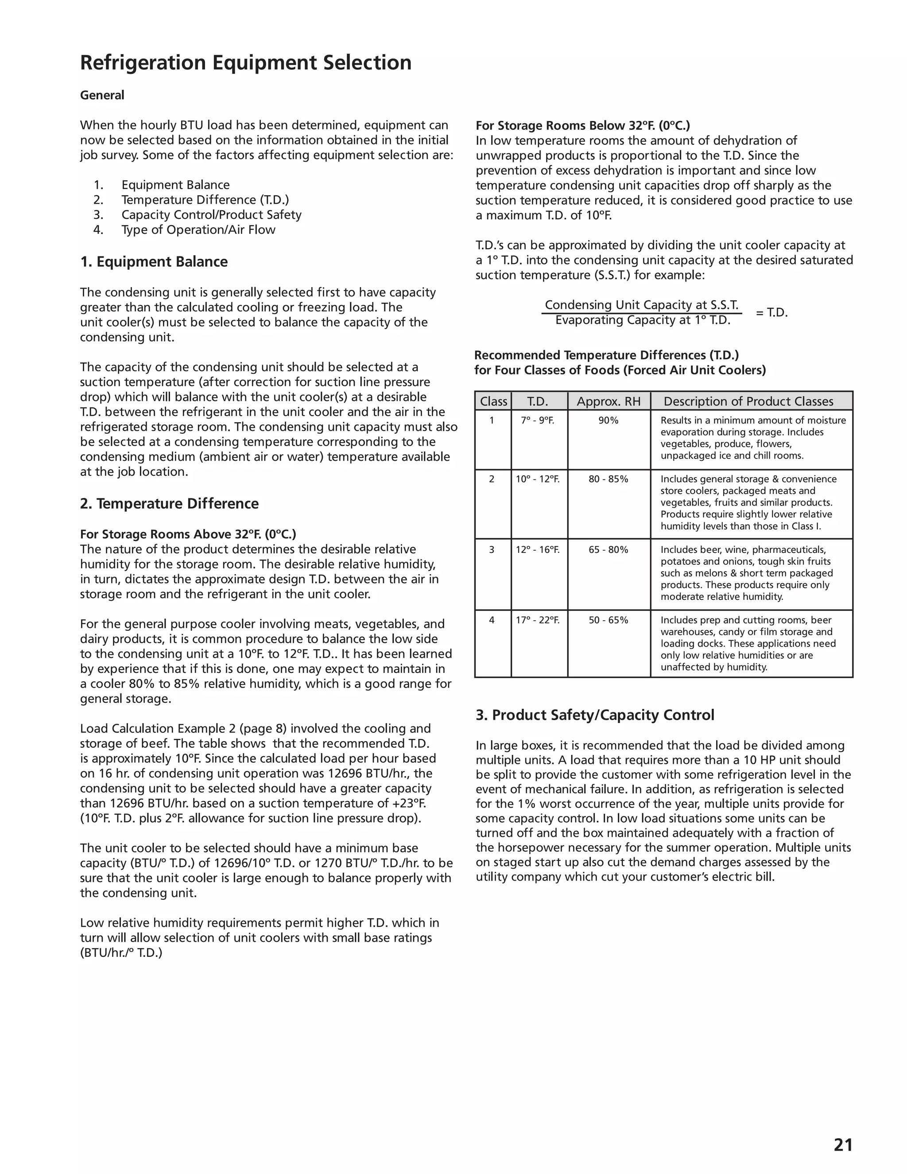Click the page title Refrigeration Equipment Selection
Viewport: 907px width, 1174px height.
tap(245, 63)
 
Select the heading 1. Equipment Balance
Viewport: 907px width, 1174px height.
tap(154, 262)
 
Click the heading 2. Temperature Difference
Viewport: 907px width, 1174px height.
tap(169, 504)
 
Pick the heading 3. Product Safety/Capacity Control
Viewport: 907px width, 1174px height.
tap(595, 715)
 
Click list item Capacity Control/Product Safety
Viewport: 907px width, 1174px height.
tap(211, 215)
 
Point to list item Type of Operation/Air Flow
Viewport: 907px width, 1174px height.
tap(198, 230)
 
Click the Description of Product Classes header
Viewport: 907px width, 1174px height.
tap(748, 401)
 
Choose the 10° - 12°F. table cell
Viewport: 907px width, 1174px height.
tap(537, 479)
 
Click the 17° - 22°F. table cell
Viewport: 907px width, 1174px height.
tap(537, 620)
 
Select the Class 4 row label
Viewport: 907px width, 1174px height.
tap(492, 620)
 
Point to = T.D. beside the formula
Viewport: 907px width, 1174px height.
tap(771, 313)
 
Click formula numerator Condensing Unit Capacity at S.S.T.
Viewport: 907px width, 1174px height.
tap(642, 305)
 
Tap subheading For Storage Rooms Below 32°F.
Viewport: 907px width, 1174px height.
tap(582, 126)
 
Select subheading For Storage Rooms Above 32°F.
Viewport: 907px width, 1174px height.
tap(187, 534)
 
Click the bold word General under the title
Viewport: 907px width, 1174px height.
tap(102, 95)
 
